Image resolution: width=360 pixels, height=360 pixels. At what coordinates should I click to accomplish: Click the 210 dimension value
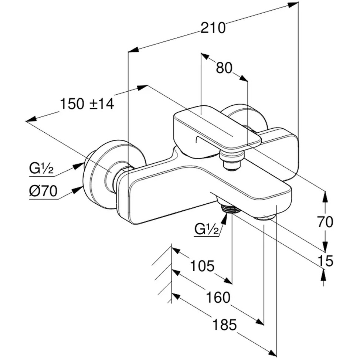coord(213,28)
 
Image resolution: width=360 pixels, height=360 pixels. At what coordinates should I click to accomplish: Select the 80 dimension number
coord(224,68)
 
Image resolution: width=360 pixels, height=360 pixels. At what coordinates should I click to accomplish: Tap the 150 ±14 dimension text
coord(87,103)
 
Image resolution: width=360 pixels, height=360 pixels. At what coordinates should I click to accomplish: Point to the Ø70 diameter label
coord(43,191)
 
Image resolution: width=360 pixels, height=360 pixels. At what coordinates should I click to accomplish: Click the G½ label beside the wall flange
coord(41,168)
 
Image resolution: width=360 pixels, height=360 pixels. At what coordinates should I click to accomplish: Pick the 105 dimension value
coord(202,266)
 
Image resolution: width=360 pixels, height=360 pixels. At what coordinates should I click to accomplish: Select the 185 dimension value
coord(224,325)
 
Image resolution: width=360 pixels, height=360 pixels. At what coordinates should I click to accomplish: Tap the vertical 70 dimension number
coord(325,222)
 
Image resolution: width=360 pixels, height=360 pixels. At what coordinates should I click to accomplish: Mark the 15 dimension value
coord(325,261)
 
